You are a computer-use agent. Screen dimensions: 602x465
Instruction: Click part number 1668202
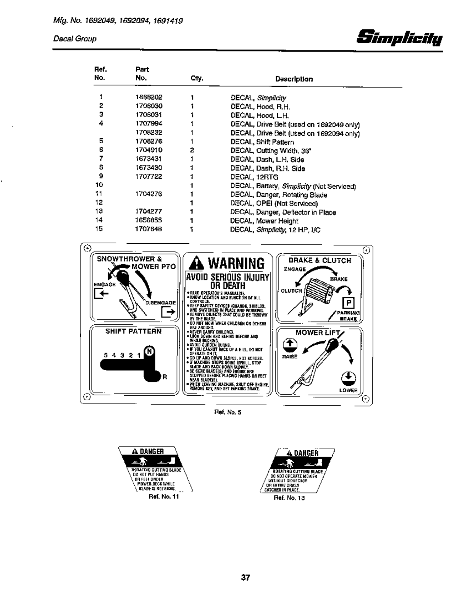point(149,97)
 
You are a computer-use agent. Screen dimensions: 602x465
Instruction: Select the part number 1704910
point(149,150)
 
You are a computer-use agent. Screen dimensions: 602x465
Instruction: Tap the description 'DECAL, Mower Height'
point(264,221)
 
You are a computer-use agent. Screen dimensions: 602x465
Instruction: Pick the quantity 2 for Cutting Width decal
point(192,150)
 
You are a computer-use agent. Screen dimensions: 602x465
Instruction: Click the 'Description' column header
point(294,79)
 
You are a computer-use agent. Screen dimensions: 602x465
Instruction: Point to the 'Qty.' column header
point(197,79)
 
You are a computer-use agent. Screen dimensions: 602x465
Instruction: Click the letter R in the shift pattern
point(165,377)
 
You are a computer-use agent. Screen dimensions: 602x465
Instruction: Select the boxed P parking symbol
point(349,303)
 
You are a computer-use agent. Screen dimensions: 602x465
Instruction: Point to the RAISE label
point(290,356)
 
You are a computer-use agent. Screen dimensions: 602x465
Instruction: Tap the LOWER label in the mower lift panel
point(348,390)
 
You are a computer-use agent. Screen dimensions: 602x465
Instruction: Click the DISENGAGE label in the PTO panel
point(160,303)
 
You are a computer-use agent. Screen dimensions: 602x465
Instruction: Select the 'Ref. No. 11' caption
point(164,497)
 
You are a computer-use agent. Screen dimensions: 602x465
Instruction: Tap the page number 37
point(245,577)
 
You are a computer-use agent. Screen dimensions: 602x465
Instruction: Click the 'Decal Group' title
point(75,39)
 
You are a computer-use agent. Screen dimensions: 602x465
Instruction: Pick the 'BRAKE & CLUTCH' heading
point(320,261)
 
